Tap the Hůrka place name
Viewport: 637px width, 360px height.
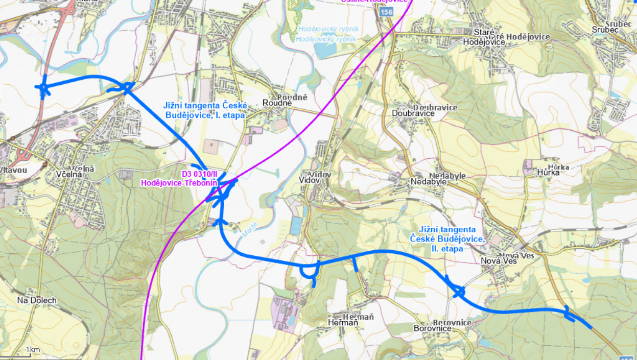548,172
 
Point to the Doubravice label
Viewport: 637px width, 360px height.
414,113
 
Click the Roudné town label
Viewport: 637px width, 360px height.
277,103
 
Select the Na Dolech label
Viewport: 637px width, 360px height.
36,300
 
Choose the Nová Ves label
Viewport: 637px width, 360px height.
499,261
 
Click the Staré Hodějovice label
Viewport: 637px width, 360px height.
483,42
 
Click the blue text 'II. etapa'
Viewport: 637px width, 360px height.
447,249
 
